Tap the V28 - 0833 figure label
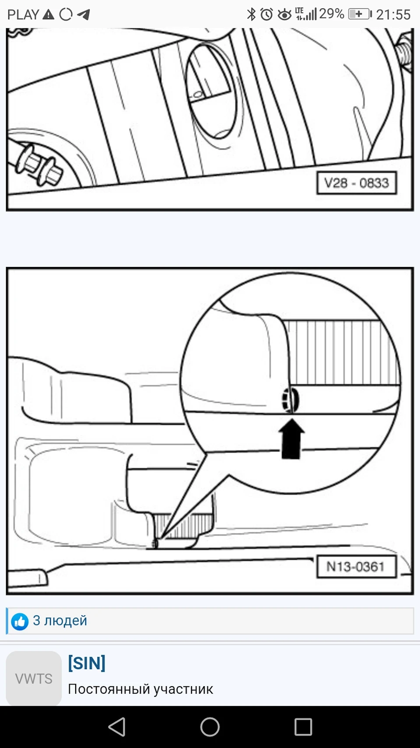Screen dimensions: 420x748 pyautogui.click(x=357, y=183)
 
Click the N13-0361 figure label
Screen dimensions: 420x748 pyautogui.click(x=356, y=566)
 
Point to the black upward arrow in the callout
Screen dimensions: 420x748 pyautogui.click(x=291, y=439)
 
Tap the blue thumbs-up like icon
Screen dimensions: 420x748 pyautogui.click(x=20, y=621)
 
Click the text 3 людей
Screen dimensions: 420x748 pyautogui.click(x=60, y=620)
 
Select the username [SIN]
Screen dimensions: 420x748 pyautogui.click(x=87, y=663)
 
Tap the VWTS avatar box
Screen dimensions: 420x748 pyautogui.click(x=34, y=678)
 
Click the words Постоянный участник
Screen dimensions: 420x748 pyautogui.click(x=140, y=689)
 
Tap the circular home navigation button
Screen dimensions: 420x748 pyautogui.click(x=210, y=727)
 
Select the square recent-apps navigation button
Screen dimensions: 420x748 pyautogui.click(x=303, y=727)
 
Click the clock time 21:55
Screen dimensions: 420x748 pyautogui.click(x=393, y=14)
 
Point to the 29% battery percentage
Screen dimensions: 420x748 pyautogui.click(x=332, y=14)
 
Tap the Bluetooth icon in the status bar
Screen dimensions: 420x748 pyautogui.click(x=251, y=14)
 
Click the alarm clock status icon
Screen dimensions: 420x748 pyautogui.click(x=267, y=14)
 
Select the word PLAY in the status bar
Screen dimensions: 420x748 pyautogui.click(x=23, y=14)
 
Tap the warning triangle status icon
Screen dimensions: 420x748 pyautogui.click(x=48, y=14)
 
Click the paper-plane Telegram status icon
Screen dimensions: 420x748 pyautogui.click(x=83, y=14)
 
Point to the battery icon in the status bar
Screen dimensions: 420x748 pyautogui.click(x=360, y=14)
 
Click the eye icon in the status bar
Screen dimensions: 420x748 pyautogui.click(x=285, y=15)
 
